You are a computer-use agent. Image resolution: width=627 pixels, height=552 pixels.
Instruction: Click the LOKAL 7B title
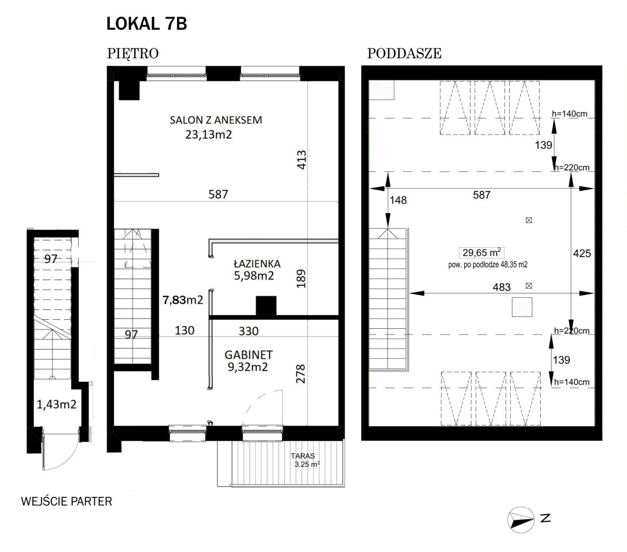pos(146,24)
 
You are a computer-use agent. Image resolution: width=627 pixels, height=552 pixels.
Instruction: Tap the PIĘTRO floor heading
pos(133,53)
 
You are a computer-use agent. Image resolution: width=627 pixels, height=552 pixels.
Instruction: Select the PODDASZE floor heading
pos(404,53)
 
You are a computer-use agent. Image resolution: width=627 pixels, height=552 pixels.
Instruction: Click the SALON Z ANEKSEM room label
pos(216,120)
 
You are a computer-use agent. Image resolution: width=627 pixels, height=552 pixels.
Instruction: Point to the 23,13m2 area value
pos(208,135)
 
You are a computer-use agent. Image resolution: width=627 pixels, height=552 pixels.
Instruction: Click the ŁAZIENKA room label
pos(257,263)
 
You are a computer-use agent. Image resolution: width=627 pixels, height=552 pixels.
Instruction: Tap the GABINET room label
pos(248,355)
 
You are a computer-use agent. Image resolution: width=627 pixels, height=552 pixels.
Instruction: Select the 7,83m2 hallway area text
pos(183,300)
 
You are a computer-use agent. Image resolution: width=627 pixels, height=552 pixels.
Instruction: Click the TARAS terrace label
pos(303,455)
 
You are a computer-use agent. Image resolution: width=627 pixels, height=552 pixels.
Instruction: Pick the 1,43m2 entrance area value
pos(56,404)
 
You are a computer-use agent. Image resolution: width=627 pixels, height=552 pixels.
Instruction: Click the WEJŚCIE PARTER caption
pos(66,501)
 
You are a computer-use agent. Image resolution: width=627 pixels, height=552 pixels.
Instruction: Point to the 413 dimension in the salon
pos(301,159)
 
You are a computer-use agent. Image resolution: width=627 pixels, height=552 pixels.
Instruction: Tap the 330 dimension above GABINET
pos(248,331)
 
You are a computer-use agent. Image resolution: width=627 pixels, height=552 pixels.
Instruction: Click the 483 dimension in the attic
pos(502,287)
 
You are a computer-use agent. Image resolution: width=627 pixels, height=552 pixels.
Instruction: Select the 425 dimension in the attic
pos(582,254)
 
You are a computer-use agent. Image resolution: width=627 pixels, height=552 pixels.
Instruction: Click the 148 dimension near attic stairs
pos(398,200)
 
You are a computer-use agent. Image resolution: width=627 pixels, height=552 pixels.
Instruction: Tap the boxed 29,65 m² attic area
pos(481,252)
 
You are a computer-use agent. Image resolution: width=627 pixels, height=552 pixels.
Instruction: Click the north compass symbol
pos(521,520)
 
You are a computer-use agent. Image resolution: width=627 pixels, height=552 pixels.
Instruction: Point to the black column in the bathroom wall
pos(266,306)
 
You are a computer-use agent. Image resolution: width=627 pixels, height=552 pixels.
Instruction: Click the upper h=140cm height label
pos(569,113)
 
